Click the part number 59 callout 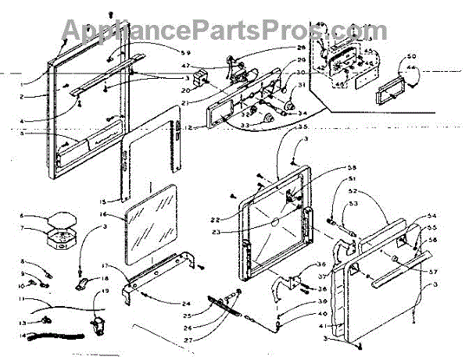coord(184,52)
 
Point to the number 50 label coord(413,56)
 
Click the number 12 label coord(178,127)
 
